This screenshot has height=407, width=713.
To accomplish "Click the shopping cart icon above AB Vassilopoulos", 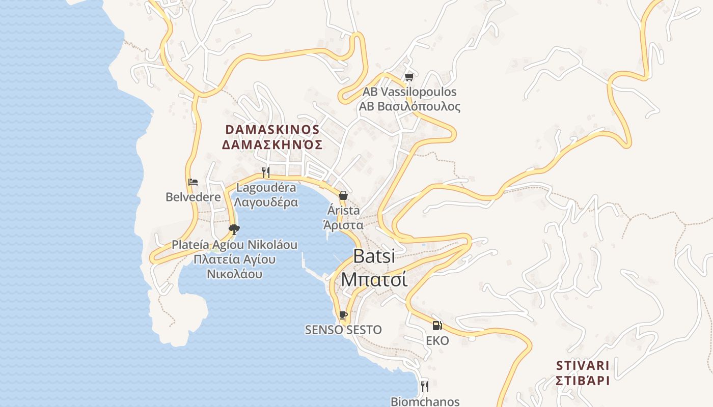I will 409,77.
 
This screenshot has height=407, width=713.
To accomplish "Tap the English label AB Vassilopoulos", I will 409,92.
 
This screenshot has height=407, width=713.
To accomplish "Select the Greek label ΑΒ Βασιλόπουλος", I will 409,106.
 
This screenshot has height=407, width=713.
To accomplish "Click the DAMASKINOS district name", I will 272,130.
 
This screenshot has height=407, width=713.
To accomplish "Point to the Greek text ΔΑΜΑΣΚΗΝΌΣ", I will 272,145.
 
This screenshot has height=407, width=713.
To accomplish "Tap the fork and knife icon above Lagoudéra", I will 265,172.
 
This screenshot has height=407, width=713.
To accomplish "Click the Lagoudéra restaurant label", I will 266,187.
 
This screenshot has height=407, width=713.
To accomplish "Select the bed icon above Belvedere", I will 193,182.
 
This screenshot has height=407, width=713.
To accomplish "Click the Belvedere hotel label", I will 193,197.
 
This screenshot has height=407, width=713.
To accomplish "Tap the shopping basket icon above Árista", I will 343,195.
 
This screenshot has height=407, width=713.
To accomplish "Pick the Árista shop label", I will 343,210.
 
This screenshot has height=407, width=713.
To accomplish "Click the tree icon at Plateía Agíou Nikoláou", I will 234,229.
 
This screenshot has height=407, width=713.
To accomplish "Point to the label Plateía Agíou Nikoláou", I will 234,245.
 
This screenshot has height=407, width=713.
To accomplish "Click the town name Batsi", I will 374,256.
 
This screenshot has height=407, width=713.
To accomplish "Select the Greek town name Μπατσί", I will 374,279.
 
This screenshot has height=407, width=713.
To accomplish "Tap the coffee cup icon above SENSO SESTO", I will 343,315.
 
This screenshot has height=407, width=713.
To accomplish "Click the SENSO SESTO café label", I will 343,330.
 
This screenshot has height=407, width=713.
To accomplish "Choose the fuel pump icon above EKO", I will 437,326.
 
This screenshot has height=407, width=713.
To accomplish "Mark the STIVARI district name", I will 583,365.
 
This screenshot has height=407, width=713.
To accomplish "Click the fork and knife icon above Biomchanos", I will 425,386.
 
